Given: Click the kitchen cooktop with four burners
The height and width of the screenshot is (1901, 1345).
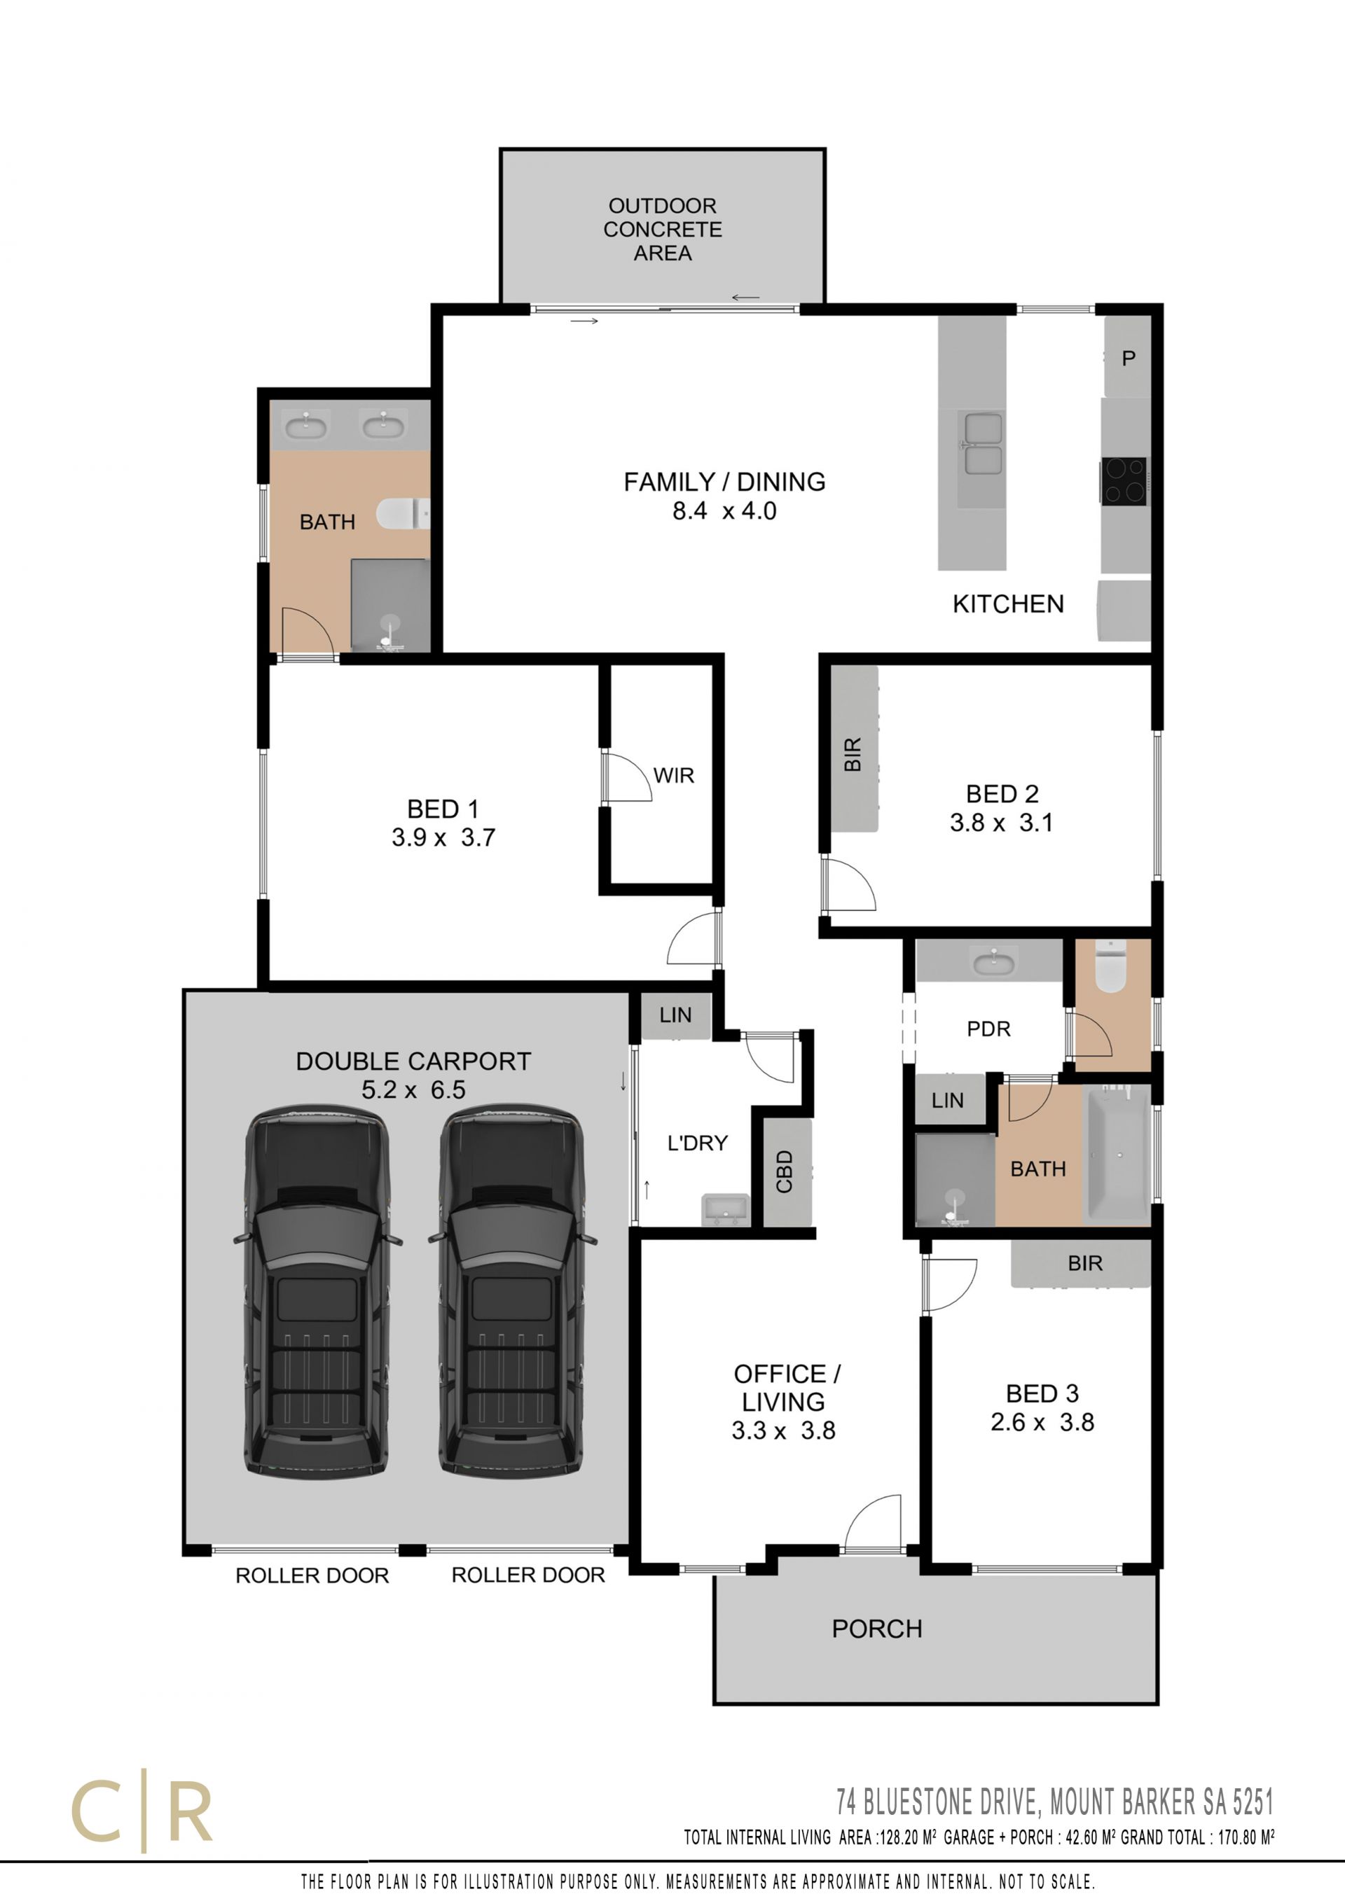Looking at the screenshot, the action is coord(1124,481).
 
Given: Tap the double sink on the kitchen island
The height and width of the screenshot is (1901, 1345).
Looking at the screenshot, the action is coord(982,444).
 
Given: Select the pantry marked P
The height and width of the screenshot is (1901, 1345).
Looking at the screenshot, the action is coord(1128,358).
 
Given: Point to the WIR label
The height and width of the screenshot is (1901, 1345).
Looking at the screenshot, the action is coord(673,776).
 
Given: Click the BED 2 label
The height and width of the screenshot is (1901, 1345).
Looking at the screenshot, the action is coord(1002,794).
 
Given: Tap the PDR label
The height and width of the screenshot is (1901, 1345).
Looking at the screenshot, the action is coord(989,1029).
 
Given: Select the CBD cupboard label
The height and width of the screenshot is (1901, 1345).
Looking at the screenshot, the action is coord(785,1171).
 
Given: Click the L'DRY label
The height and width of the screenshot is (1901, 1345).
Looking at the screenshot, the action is coord(697,1143).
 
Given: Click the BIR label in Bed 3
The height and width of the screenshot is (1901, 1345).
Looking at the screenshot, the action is coord(1085,1263).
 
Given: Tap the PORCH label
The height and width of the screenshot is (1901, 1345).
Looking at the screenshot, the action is coord(877,1629).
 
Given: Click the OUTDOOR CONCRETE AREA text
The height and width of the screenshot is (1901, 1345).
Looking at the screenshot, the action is coord(663,230).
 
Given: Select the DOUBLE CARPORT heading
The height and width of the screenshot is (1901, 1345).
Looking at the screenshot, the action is coord(413,1061).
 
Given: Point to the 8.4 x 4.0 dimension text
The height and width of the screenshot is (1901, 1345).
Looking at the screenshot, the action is coord(724,511).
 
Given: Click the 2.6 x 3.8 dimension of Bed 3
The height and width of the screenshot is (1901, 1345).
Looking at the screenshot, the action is coord(1042,1423).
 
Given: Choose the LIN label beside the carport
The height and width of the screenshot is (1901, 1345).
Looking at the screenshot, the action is coord(675,1015).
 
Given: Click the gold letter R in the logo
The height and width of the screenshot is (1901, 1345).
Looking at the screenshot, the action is coord(190,1811).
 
